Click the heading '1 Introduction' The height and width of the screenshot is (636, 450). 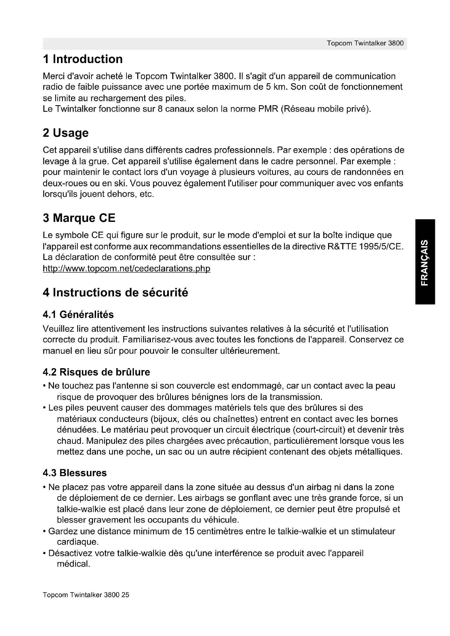point(83,59)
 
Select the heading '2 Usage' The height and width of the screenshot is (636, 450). point(66,133)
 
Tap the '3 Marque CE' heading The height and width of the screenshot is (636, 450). point(79,218)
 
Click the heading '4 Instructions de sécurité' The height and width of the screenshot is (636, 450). point(115,293)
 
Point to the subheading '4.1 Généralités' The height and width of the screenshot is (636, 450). point(78,315)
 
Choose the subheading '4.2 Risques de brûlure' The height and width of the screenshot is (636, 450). point(96,372)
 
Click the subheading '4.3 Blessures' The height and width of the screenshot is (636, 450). point(75,473)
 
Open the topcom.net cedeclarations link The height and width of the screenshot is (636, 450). point(126,268)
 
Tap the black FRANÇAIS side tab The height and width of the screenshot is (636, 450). point(425,262)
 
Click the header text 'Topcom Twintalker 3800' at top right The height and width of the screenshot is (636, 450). point(365,44)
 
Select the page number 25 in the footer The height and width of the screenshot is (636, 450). point(125,595)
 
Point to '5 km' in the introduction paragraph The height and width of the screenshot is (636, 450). point(273,87)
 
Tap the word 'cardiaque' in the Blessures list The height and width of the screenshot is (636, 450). point(78,542)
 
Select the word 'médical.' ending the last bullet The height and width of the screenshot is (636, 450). point(73,564)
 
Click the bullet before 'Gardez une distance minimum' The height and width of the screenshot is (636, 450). point(45,532)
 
